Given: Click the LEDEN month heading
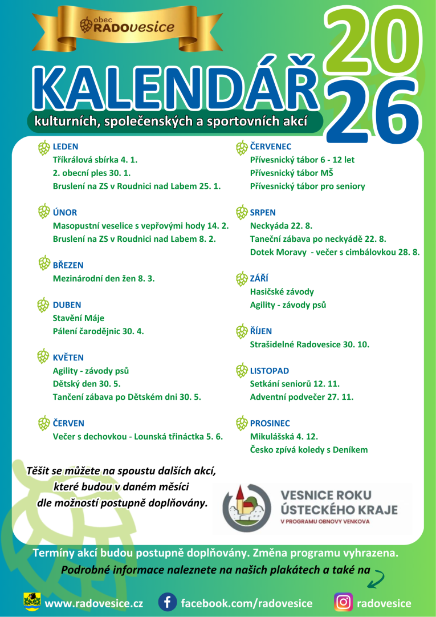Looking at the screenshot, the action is pos(66,147).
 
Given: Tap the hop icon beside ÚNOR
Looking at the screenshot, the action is pos(44,212).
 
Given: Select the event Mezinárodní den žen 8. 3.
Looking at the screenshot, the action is pos(104,279).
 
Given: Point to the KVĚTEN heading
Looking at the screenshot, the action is pos(68,358).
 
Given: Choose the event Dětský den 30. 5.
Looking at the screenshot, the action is pos(87,384).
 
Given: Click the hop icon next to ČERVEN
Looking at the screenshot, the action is pos(44,423).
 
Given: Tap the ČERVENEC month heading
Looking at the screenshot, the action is pos(271,147).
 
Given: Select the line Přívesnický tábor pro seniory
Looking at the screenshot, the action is pos(308,186).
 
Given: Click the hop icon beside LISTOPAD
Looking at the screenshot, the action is pos(242,371).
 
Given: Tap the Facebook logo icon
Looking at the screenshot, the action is pos(167,602).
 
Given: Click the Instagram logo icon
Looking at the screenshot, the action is pos(343,602).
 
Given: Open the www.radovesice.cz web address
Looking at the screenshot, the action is pos(93,603).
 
